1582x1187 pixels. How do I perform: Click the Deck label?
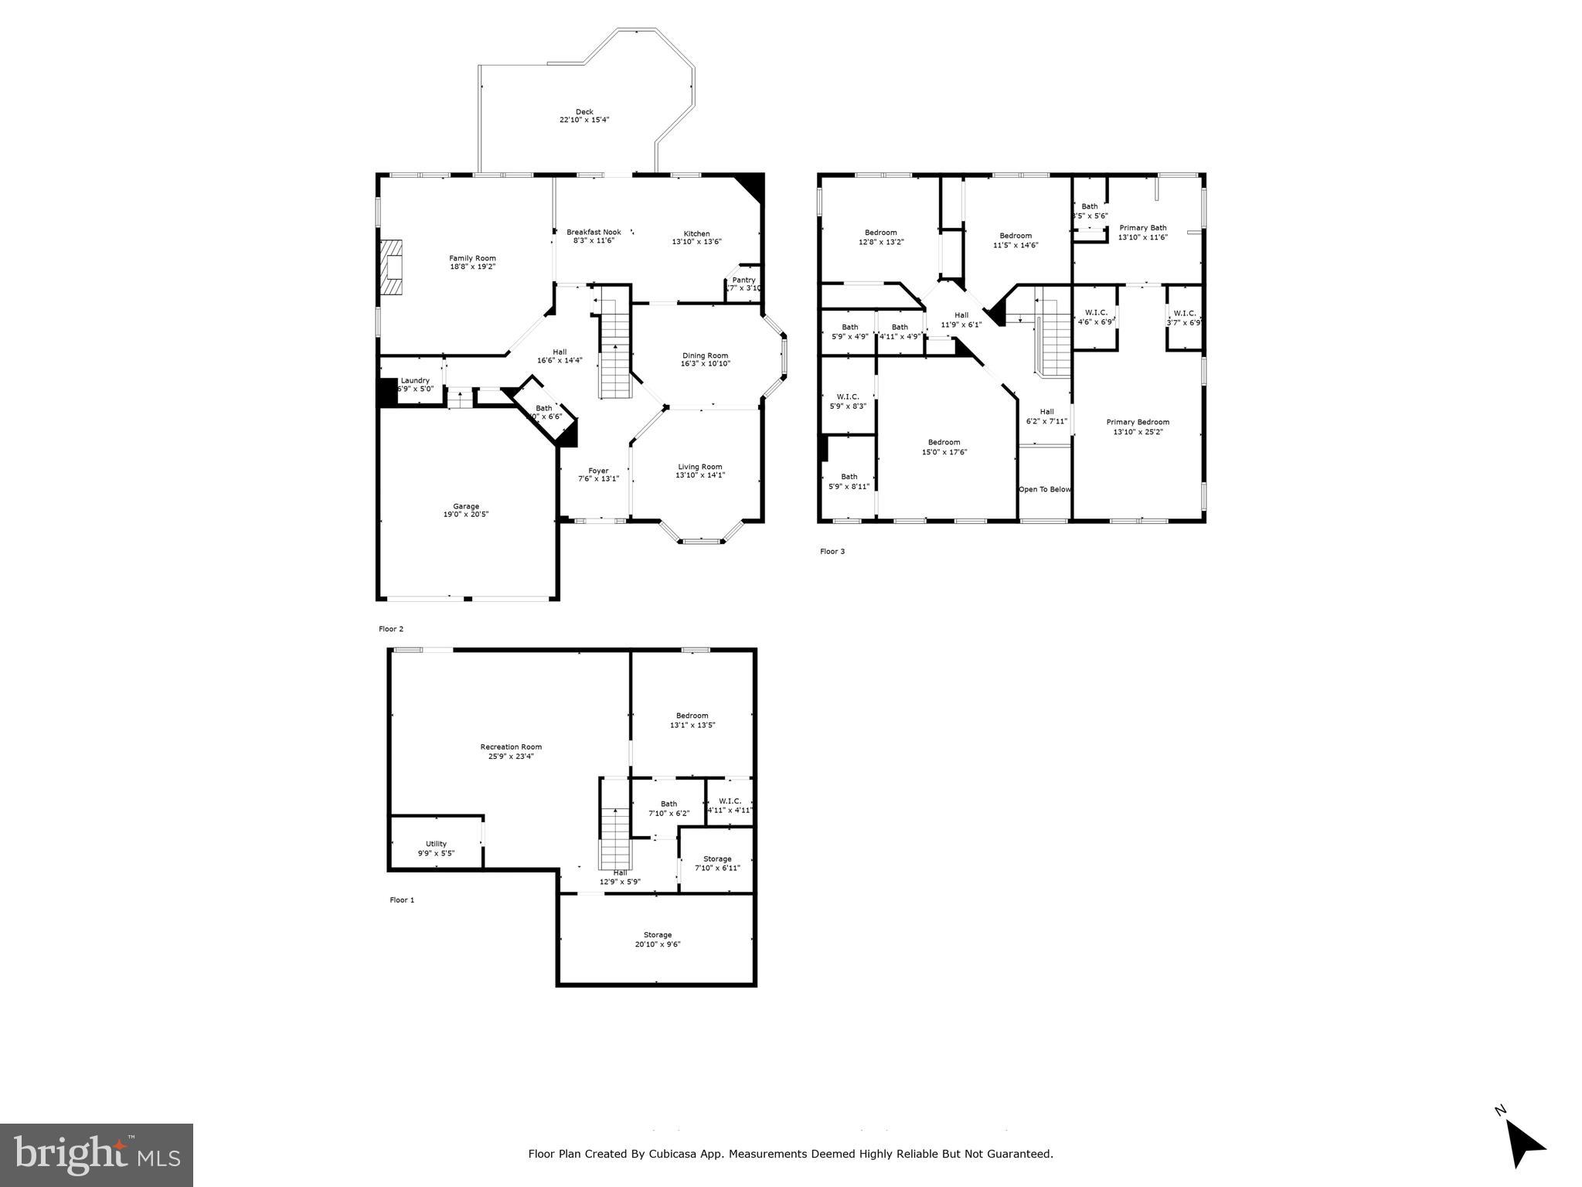click(584, 112)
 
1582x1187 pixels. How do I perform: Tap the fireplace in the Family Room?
click(392, 267)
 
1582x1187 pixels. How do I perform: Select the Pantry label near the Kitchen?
click(743, 280)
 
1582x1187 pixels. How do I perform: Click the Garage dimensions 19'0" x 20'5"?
click(466, 515)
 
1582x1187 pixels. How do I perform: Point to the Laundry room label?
click(415, 380)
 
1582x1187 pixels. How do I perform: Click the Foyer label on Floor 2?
click(598, 471)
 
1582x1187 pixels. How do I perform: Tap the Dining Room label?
click(705, 355)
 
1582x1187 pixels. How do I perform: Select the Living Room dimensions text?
click(699, 475)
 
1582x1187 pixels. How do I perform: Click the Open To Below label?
click(1045, 489)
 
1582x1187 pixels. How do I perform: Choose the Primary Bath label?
click(1142, 228)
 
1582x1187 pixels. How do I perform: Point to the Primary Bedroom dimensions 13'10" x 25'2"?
click(1138, 432)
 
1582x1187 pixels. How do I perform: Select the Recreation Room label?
click(511, 747)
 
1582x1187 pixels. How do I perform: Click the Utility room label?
click(436, 844)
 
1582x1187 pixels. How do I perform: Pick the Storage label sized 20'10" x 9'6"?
click(658, 935)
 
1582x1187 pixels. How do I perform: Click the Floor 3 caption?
click(832, 552)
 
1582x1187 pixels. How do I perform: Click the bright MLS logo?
click(97, 1154)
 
